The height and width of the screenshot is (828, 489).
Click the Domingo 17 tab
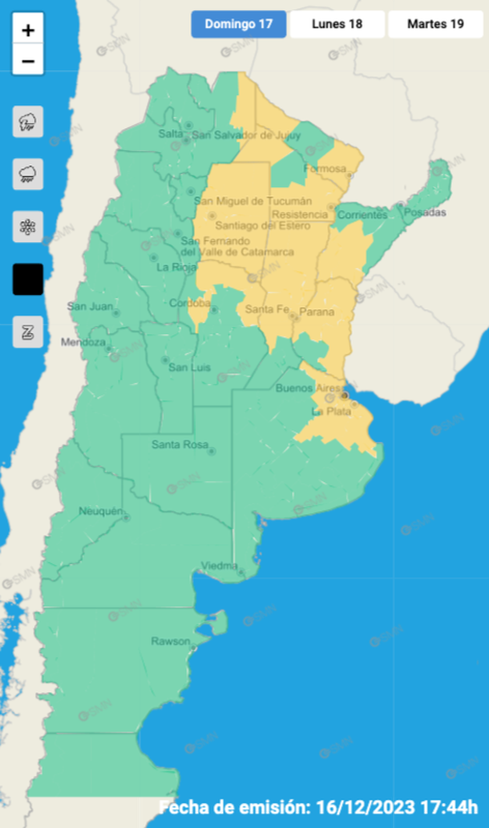click(x=239, y=24)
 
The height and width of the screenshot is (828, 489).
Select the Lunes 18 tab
click(x=337, y=24)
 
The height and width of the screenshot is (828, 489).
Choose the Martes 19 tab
click(x=435, y=24)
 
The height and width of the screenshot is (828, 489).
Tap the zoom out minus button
click(x=28, y=61)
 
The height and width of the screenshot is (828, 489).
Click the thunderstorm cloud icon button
click(x=28, y=123)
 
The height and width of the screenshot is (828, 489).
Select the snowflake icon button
click(x=28, y=227)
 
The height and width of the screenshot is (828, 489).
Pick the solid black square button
click(x=28, y=279)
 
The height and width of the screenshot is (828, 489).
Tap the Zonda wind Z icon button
click(x=28, y=332)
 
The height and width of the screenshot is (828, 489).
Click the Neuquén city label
click(x=101, y=511)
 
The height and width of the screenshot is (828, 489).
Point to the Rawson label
click(x=171, y=641)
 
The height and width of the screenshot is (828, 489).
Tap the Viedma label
click(x=219, y=566)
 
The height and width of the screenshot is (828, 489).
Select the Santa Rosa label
click(x=180, y=445)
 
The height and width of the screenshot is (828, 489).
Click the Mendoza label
click(x=83, y=343)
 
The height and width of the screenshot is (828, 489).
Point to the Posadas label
click(x=424, y=212)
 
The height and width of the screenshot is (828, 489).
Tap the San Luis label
click(x=189, y=368)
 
